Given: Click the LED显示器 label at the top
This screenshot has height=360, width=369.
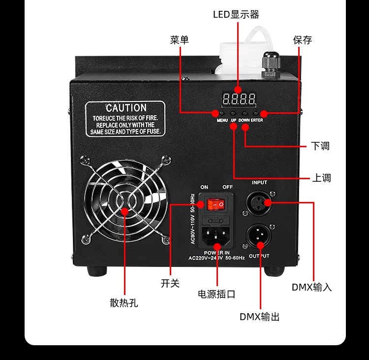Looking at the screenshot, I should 236,14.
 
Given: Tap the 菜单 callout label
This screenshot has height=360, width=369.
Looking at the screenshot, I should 180,40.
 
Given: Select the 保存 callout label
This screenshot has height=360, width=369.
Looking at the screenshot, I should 303,40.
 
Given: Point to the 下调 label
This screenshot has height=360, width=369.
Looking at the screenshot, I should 320,146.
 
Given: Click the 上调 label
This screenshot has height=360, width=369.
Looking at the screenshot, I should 322,178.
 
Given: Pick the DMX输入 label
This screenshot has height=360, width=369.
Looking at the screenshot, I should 312,287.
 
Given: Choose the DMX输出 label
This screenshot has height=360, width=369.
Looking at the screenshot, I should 260,317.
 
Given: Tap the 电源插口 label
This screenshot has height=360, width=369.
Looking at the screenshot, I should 216,294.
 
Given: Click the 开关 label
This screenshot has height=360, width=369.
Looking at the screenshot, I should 170,283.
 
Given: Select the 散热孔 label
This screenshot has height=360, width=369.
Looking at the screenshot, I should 124,303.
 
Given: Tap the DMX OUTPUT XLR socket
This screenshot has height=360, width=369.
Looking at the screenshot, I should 259,236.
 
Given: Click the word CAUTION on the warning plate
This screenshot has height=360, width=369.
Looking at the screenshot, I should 126,108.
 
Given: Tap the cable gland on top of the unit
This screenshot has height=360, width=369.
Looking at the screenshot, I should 270,64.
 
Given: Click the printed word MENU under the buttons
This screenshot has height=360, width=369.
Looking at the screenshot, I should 222,121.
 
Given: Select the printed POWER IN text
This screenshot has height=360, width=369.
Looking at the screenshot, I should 217,253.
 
